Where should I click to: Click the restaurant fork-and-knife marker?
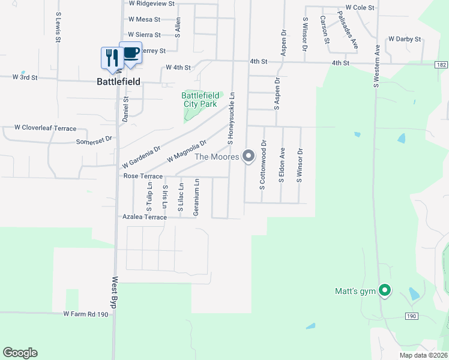(111, 58)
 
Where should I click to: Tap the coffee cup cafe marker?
(131, 52)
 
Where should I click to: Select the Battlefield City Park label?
(200, 100)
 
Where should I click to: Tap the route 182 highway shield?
(442, 64)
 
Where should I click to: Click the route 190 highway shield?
(411, 316)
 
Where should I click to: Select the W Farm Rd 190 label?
(86, 314)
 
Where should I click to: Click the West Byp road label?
(113, 293)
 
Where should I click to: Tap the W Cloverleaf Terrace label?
(46, 128)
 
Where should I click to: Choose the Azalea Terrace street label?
(144, 217)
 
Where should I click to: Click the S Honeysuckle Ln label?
(231, 118)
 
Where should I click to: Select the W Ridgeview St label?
(151, 3)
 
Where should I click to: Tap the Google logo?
(20, 353)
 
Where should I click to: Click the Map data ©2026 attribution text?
(423, 355)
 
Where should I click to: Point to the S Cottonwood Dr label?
(263, 166)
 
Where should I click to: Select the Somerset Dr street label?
(94, 141)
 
